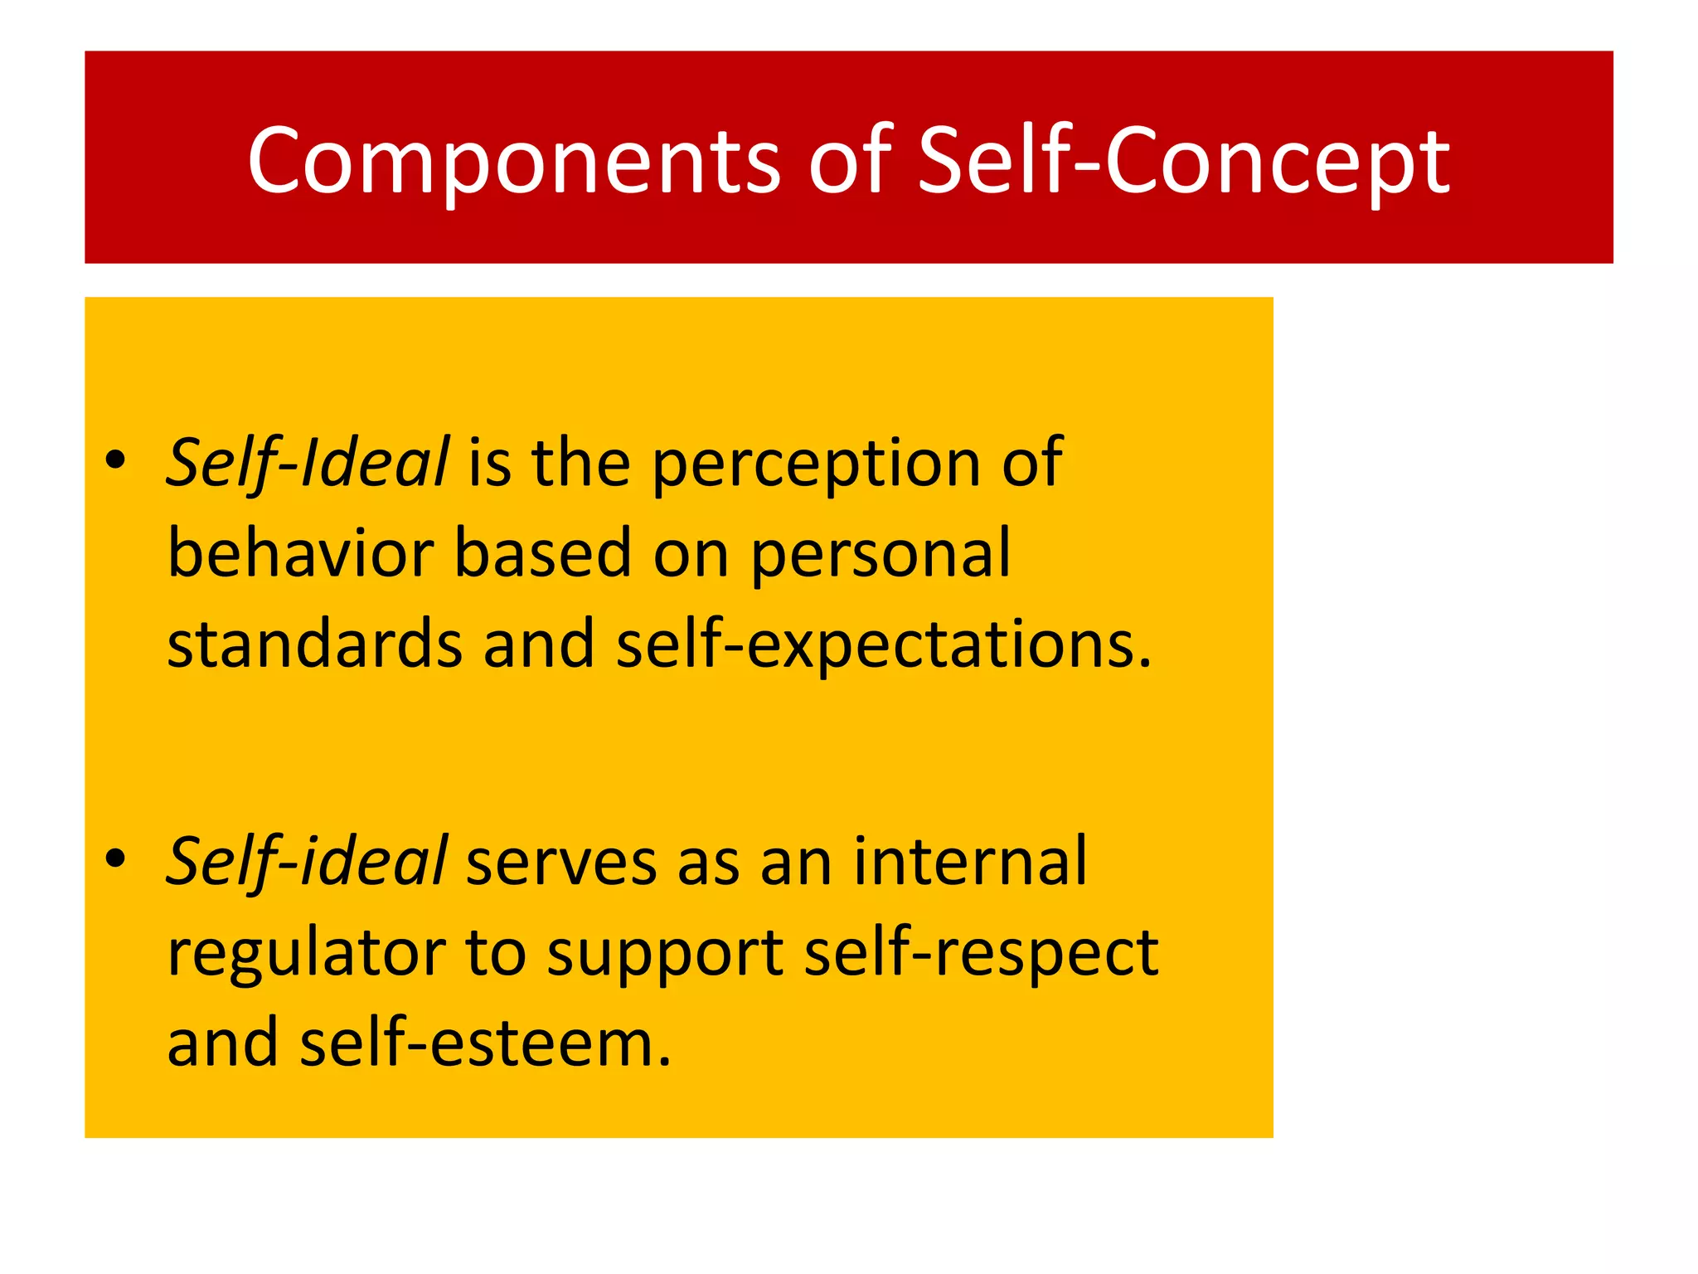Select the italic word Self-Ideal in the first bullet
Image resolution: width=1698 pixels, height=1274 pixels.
coord(308,463)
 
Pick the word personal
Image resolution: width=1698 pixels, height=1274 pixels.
coord(881,554)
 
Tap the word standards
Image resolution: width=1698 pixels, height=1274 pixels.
coord(314,644)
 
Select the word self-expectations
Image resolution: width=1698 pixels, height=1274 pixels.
coord(883,645)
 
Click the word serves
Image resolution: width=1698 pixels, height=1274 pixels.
coord(560,863)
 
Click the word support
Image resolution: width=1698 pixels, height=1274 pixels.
coord(665,954)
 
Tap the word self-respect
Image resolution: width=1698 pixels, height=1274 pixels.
coord(981,954)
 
